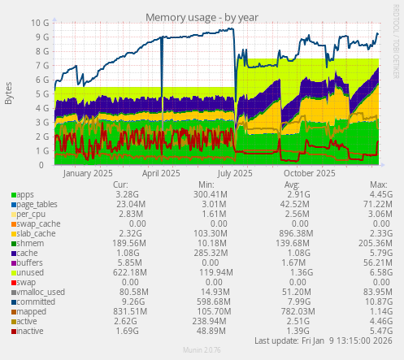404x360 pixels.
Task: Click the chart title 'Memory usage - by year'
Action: [x=202, y=17]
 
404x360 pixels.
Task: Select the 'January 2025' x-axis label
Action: [x=88, y=173]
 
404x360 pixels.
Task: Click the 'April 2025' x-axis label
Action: [x=161, y=173]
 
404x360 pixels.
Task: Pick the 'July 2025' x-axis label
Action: [x=235, y=173]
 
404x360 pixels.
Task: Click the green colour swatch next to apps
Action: [x=13, y=195]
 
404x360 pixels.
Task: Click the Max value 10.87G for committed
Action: [x=371, y=302]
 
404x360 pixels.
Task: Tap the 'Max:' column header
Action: [x=377, y=184]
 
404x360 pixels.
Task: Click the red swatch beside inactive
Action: [x=13, y=332]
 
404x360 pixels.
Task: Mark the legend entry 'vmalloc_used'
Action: [x=41, y=293]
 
